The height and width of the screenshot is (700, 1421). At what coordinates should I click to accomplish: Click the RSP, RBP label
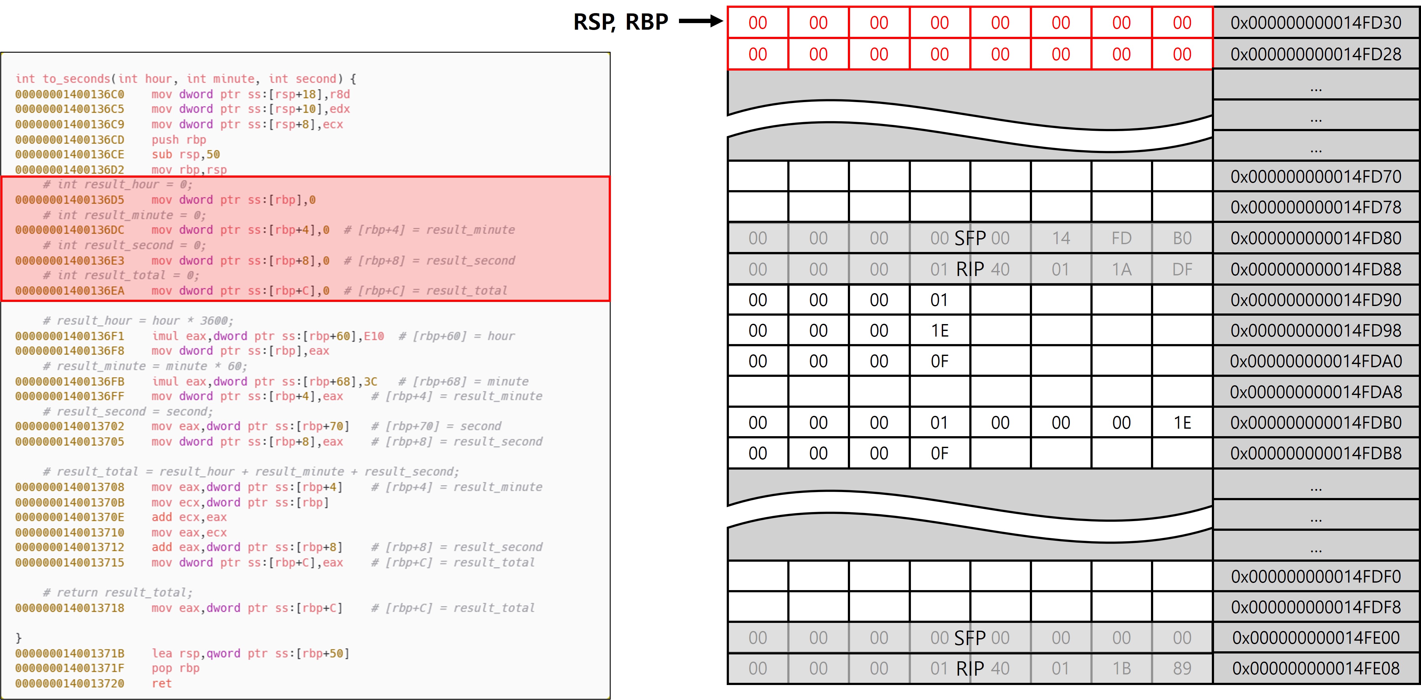(x=621, y=22)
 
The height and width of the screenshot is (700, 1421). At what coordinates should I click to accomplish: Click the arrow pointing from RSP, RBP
(x=701, y=22)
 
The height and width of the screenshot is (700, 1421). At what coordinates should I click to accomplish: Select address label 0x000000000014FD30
(x=1315, y=22)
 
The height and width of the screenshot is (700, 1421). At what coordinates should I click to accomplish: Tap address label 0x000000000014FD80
(x=1315, y=238)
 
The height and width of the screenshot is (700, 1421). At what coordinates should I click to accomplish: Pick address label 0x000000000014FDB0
(x=1315, y=422)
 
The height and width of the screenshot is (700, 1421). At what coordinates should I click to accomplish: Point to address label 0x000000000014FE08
(x=1315, y=668)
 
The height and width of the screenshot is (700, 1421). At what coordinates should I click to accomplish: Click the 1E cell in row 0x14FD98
(x=939, y=330)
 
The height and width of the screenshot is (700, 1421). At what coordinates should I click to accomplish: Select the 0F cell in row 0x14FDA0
(x=939, y=361)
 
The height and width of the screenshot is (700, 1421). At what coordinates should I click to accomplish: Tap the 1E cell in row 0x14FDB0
(x=1182, y=422)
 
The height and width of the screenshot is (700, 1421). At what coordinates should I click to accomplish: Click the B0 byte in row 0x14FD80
(x=1182, y=238)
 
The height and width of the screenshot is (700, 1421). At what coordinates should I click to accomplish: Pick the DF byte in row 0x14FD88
(x=1182, y=269)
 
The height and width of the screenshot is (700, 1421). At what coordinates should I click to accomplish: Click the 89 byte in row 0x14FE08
(x=1182, y=668)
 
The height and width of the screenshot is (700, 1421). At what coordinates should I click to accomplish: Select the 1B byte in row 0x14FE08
(x=1121, y=668)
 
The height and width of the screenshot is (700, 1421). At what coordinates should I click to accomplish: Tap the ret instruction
(x=162, y=683)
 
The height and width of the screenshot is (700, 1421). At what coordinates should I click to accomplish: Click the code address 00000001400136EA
(x=70, y=291)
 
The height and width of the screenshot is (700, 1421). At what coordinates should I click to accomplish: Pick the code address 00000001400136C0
(x=70, y=94)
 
